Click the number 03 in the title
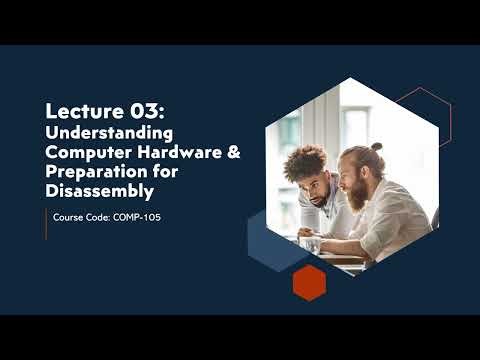tap(141, 109)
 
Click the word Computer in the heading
tap(85, 150)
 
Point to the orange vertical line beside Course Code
tap(46, 225)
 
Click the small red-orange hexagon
tap(309, 283)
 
